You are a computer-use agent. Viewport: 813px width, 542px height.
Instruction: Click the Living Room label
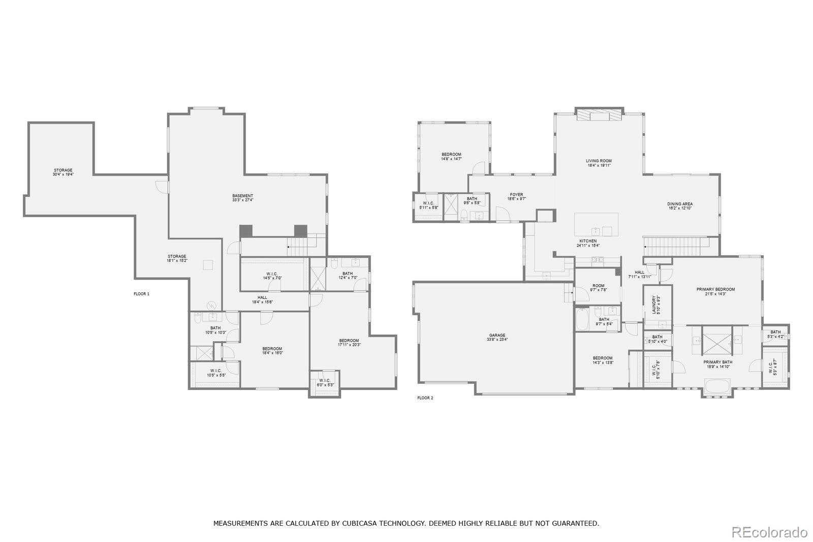[x=598, y=163]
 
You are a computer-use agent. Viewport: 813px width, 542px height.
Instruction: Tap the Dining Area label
[x=679, y=206]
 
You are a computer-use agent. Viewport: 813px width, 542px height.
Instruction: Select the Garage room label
[x=497, y=337]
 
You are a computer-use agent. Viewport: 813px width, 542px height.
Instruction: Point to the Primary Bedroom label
[x=715, y=291]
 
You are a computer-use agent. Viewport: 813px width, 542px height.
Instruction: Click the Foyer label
[x=516, y=197]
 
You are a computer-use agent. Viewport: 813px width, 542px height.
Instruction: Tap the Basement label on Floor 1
[x=242, y=198]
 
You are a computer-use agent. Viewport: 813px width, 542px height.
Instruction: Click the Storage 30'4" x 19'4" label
[x=63, y=172]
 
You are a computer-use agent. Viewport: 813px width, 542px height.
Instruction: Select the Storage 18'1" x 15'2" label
[x=177, y=258]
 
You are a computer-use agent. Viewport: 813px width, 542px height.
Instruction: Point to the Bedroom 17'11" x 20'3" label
[x=349, y=342]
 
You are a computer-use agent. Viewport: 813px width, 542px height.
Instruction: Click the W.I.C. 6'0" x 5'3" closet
[x=325, y=382]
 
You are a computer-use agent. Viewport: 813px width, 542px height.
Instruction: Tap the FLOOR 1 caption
[x=141, y=294]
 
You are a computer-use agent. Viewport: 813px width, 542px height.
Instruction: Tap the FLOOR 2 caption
[x=425, y=398]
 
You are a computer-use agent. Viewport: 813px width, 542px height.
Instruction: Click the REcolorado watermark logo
[x=769, y=532]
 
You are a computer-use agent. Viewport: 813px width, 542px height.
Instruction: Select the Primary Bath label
[x=717, y=364]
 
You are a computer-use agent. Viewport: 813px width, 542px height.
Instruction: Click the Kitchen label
[x=588, y=243]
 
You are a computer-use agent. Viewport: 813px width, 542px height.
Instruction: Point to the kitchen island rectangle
[x=596, y=224]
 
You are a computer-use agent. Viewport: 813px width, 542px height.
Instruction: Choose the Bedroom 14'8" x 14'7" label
[x=451, y=157]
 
